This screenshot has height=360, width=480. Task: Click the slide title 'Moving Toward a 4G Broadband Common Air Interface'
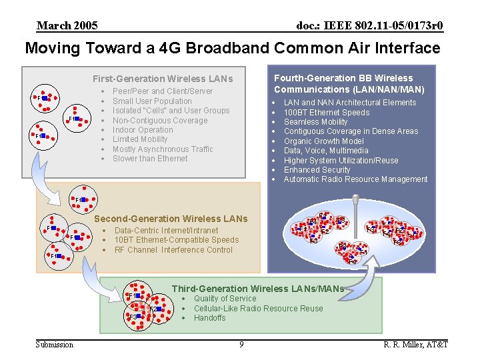[x=233, y=48]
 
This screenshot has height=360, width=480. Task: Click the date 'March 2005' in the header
[x=67, y=26]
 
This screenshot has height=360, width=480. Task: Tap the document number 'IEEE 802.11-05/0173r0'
[x=369, y=26]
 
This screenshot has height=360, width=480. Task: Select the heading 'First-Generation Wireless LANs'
[x=163, y=79]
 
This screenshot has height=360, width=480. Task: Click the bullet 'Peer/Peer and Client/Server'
[x=163, y=91]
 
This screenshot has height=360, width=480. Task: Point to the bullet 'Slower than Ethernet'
[x=150, y=159]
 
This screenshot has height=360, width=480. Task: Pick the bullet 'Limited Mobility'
[x=140, y=139]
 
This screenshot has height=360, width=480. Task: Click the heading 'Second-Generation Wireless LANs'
[x=171, y=219]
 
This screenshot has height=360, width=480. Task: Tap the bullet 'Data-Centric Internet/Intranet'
[x=166, y=231]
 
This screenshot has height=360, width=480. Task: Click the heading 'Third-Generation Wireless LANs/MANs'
[x=257, y=289]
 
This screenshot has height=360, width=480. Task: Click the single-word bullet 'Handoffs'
[x=209, y=318]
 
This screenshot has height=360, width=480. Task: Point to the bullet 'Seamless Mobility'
[x=315, y=122]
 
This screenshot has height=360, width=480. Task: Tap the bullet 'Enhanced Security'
[x=317, y=170]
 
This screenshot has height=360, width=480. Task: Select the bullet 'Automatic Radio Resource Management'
[x=355, y=179]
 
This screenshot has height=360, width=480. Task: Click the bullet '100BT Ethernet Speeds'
[x=326, y=113]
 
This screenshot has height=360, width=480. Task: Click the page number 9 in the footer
[x=241, y=344]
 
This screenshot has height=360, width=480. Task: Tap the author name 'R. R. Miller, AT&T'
[x=415, y=344]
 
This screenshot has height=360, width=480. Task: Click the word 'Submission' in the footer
[x=55, y=344]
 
